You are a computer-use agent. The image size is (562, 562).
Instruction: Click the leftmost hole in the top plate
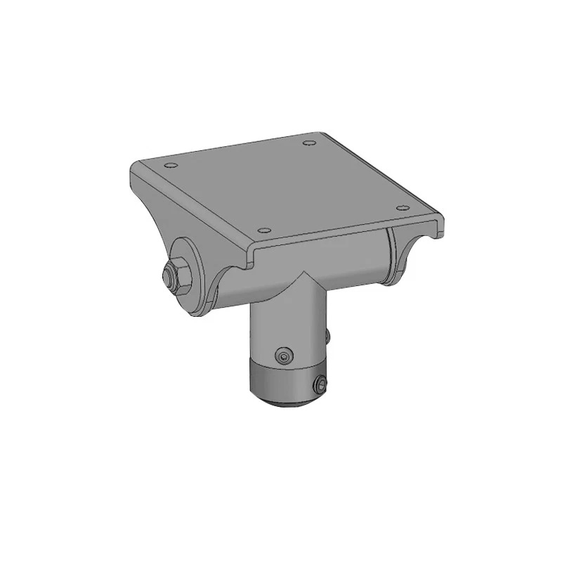(x=169, y=166)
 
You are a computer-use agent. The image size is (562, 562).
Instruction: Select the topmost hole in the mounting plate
(x=308, y=143)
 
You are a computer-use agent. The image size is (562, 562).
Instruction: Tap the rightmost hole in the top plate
(x=402, y=207)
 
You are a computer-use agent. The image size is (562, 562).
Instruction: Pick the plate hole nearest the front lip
(x=263, y=230)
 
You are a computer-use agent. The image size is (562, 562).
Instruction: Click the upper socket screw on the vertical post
(x=282, y=355)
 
